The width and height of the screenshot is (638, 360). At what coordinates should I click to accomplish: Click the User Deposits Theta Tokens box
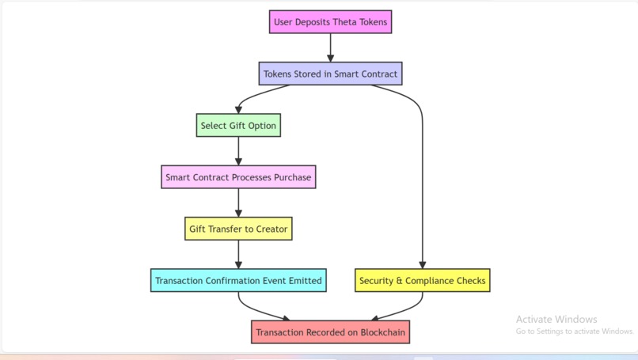(x=331, y=22)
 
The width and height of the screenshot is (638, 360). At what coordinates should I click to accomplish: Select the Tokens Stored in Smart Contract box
(x=331, y=74)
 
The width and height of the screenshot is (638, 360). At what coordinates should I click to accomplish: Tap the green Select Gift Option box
(x=238, y=126)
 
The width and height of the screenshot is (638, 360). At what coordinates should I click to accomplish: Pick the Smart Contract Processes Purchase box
(x=238, y=177)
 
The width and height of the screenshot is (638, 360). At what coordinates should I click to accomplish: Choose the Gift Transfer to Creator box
(x=238, y=229)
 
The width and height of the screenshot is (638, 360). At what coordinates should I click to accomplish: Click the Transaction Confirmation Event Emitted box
(x=238, y=281)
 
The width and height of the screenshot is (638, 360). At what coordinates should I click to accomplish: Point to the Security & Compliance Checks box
(x=422, y=281)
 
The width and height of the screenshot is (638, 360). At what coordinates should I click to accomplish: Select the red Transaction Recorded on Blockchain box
(x=331, y=332)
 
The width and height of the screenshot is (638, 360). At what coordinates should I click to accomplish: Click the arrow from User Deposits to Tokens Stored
(x=331, y=48)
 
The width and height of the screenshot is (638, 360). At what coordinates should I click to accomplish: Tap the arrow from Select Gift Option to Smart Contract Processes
(x=238, y=151)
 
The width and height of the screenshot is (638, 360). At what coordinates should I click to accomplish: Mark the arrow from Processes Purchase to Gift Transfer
(x=238, y=203)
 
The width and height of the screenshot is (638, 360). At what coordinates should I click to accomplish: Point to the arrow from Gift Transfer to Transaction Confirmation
(x=238, y=255)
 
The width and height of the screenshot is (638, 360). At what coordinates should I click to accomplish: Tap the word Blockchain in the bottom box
(x=383, y=332)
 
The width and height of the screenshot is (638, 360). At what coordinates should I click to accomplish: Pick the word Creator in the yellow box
(x=272, y=229)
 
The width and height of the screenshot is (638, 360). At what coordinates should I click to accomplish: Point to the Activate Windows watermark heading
(x=556, y=319)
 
